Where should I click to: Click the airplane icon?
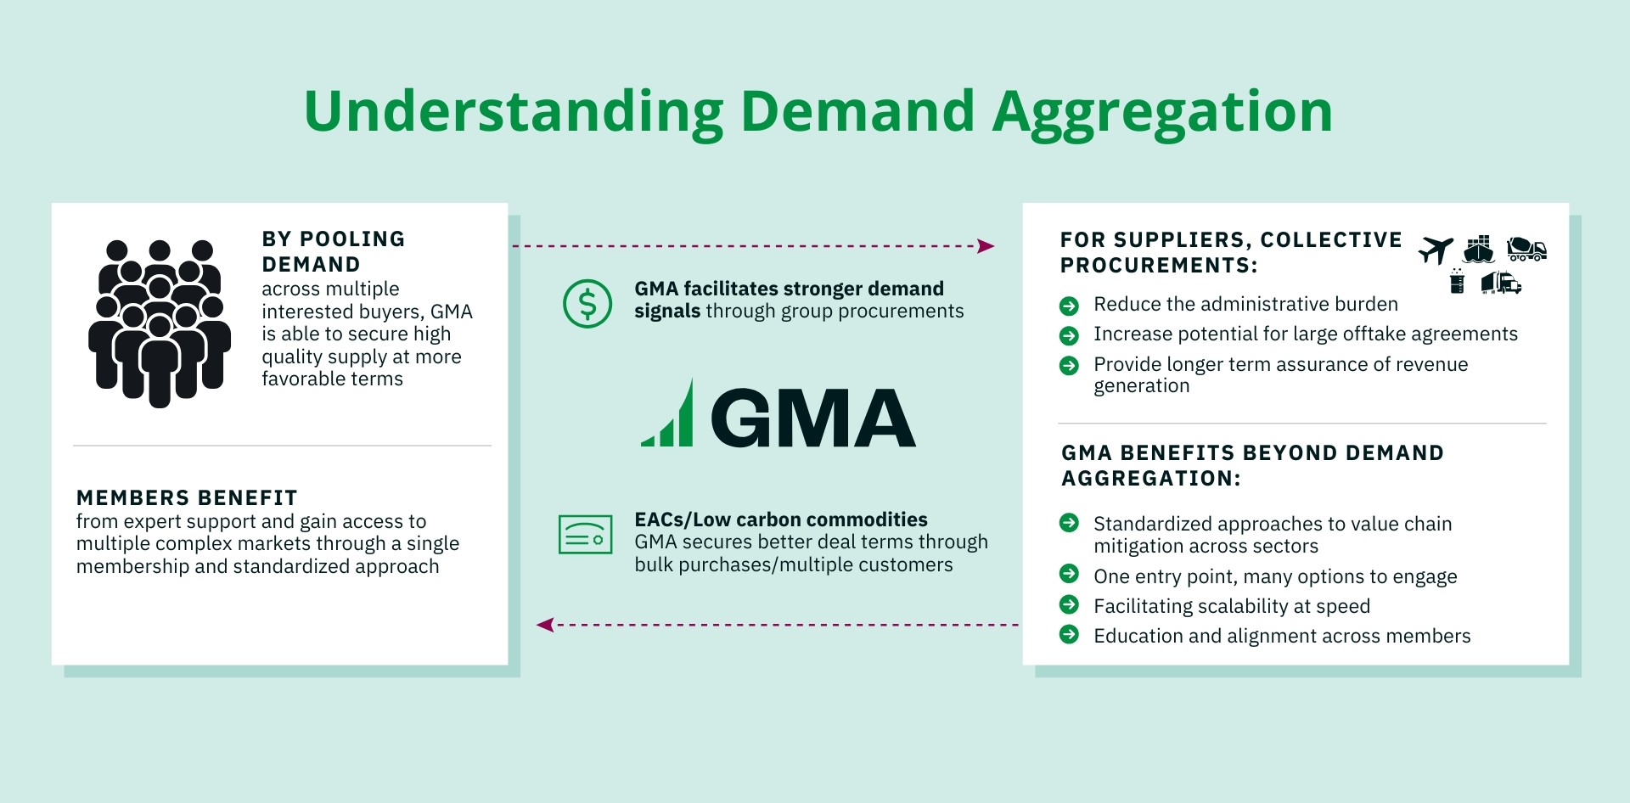1436,250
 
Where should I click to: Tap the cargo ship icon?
1479,249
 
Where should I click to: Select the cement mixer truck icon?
1526,249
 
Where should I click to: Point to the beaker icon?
1458,281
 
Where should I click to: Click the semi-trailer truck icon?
1501,283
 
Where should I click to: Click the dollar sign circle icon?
587,303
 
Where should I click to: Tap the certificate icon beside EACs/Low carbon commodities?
586,535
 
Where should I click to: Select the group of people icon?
160,323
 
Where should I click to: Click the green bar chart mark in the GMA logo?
668,413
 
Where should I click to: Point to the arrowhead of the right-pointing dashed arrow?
986,246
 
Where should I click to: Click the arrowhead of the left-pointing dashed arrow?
545,625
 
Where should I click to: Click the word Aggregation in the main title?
1163,113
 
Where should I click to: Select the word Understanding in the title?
514,113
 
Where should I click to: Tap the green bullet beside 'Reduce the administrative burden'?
1070,306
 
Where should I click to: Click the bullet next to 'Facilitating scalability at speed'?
1070,604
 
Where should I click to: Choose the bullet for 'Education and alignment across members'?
1070,634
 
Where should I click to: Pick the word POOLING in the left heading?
352,239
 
